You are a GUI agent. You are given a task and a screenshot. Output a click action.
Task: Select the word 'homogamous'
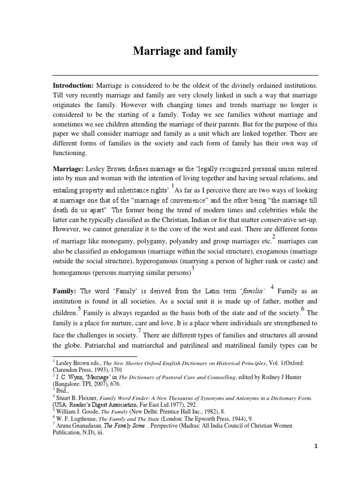[x=74, y=272]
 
